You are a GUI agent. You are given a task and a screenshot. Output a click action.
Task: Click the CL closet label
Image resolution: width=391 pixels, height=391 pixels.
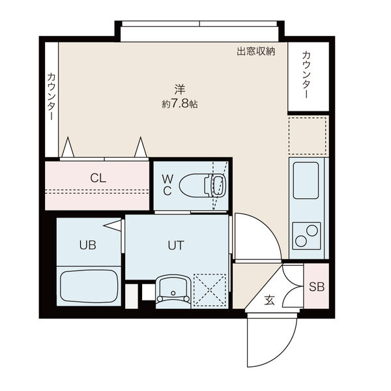[98, 177]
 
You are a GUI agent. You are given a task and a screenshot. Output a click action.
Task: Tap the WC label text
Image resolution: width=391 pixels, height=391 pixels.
[167, 184]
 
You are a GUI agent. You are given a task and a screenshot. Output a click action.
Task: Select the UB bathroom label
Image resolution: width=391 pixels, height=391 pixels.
[87, 246]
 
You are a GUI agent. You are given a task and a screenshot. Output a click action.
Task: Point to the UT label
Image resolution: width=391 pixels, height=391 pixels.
[175, 246]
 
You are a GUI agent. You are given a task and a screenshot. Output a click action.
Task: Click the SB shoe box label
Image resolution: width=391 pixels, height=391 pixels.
[316, 286]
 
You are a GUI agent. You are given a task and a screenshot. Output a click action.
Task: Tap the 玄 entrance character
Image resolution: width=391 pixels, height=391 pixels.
[270, 300]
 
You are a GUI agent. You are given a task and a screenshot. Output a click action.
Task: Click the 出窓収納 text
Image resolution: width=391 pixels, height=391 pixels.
[255, 51]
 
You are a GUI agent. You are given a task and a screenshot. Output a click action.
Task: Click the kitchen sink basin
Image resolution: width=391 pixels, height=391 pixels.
[306, 181]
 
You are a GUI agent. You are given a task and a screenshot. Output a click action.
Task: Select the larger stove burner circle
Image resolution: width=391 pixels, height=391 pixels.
[311, 230]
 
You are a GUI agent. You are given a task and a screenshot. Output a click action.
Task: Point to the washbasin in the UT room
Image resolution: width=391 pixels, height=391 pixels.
[173, 289]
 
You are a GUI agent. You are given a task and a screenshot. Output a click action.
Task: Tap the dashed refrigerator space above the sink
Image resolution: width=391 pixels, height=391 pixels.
[308, 136]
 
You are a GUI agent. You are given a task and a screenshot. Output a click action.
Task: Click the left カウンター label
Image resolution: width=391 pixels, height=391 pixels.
[50, 96]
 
